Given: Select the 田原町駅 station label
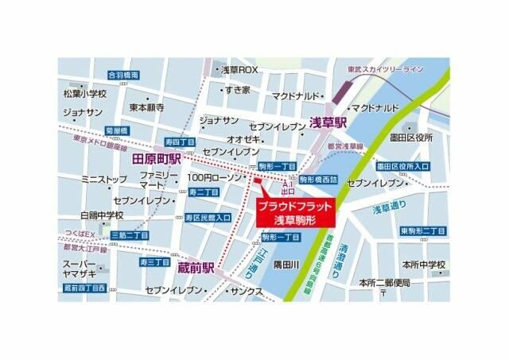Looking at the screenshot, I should coord(157,159).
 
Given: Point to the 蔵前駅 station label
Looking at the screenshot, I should coord(198,267).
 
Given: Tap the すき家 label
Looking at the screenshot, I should coord(236,90).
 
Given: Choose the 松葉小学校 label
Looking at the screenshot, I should coord(84,93).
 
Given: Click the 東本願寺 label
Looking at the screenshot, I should coord(147,106).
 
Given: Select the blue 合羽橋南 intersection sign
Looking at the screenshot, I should coord(123,75).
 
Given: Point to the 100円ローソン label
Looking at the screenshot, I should coord(212,176).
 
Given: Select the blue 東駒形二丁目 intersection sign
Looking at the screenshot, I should coord(423,230).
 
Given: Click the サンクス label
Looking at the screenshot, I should coord(248,292).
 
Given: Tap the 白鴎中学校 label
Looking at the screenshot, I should coord(103,215).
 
